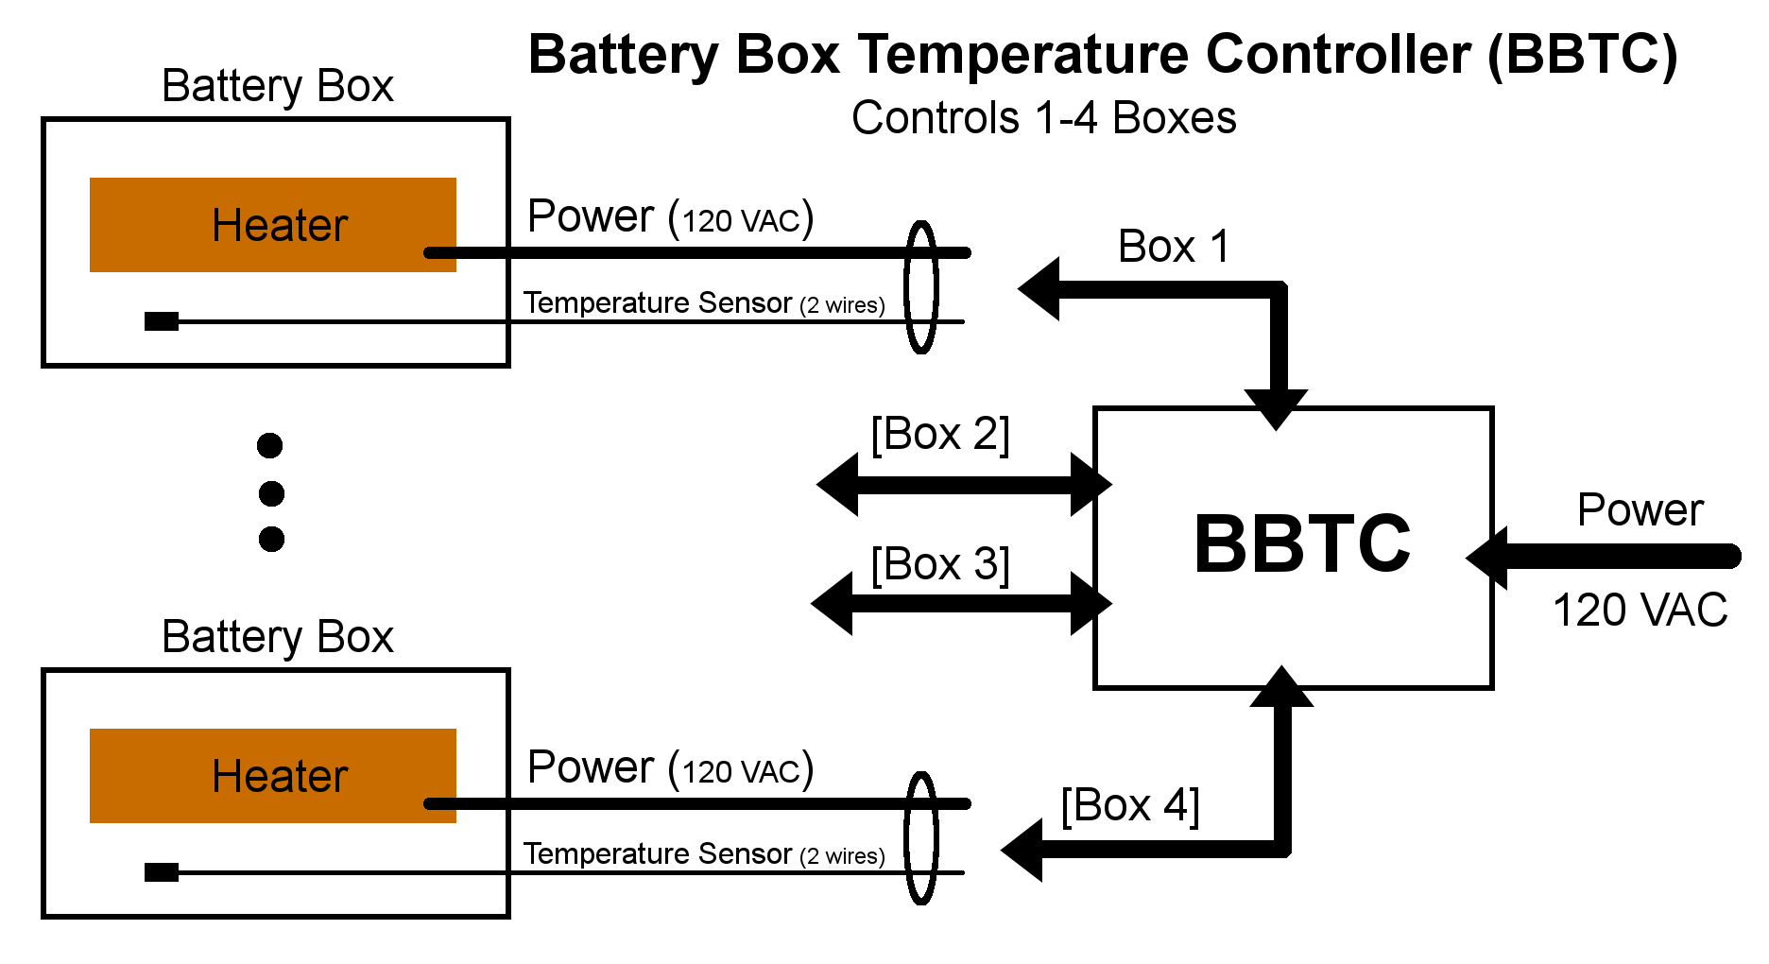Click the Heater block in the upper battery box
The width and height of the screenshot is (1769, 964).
pyautogui.click(x=273, y=225)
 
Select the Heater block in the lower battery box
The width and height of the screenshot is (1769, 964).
pyautogui.click(x=273, y=776)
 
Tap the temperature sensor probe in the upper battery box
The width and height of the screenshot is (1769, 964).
pyautogui.click(x=162, y=321)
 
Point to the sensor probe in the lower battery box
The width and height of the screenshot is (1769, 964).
pyautogui.click(x=162, y=872)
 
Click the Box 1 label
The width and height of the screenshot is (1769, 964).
pyautogui.click(x=1174, y=247)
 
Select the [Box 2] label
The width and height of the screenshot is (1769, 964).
pyautogui.click(x=940, y=435)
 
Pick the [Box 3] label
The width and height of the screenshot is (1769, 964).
pyautogui.click(x=940, y=565)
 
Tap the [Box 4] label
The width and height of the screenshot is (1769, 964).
pyautogui.click(x=1130, y=806)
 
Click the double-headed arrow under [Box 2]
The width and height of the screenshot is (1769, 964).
pyautogui.click(x=964, y=485)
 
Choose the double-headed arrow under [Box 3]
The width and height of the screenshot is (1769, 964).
pyautogui.click(x=961, y=603)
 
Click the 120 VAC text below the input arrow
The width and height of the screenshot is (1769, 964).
pyautogui.click(x=1640, y=611)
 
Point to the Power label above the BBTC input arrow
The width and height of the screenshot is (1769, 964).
pyautogui.click(x=1640, y=511)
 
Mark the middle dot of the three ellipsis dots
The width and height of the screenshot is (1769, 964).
pyautogui.click(x=271, y=492)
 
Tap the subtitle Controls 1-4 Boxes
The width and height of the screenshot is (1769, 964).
pyautogui.click(x=1044, y=118)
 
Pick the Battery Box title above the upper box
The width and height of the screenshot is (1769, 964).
pyautogui.click(x=278, y=86)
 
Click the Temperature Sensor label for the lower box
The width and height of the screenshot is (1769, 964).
pyautogui.click(x=704, y=854)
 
